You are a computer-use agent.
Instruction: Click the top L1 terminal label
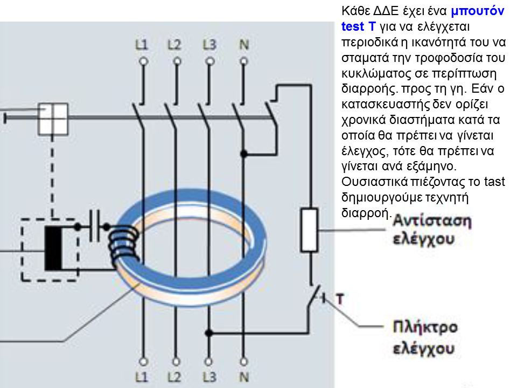click(x=142, y=45)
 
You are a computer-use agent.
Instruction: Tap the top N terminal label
click(x=244, y=45)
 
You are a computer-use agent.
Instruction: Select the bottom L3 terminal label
click(x=209, y=377)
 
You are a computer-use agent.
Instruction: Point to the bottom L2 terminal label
click(x=174, y=377)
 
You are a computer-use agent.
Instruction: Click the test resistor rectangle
click(x=309, y=230)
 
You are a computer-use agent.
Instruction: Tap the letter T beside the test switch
click(x=340, y=299)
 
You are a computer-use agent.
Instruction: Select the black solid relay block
click(x=53, y=248)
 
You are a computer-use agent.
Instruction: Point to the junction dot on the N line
click(x=243, y=154)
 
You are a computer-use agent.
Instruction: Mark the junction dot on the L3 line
click(x=208, y=333)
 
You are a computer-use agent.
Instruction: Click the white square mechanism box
click(x=53, y=119)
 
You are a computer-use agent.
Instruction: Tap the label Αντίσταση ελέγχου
click(x=432, y=230)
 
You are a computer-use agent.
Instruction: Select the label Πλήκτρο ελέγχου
click(x=425, y=337)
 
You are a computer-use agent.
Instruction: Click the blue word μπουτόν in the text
click(x=478, y=11)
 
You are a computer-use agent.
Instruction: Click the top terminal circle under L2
click(x=177, y=61)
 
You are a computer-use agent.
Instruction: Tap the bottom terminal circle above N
click(x=243, y=362)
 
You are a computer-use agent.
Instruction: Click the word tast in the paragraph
click(x=494, y=182)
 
